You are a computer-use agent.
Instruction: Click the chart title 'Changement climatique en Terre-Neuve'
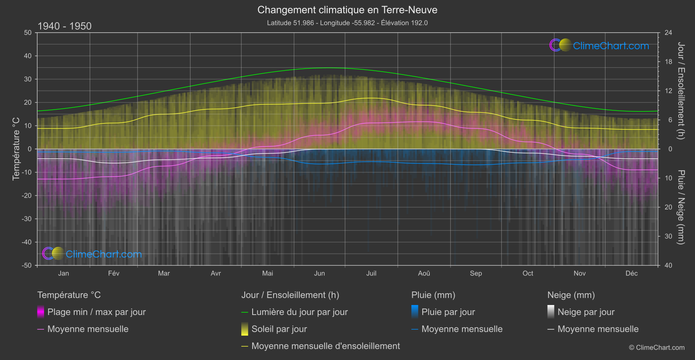(347, 10)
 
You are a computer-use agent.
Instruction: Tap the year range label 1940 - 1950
(65, 26)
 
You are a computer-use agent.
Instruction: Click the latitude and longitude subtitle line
(347, 23)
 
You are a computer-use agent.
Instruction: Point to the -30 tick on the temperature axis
(27, 219)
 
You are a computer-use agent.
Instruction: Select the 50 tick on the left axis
(28, 33)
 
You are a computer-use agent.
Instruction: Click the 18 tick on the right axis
(668, 62)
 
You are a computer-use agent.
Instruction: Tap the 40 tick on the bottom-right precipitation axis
(668, 265)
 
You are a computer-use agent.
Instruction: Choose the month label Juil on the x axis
(371, 274)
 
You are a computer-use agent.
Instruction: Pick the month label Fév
(113, 274)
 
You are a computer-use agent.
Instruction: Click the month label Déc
(631, 274)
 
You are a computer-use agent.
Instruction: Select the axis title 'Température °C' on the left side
(16, 149)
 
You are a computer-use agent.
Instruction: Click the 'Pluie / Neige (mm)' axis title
(681, 207)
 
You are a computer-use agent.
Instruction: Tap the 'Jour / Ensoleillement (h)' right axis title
(681, 91)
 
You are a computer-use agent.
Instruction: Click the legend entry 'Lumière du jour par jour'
(299, 312)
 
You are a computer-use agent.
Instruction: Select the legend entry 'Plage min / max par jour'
(96, 312)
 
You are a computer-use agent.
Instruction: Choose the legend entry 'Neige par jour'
(586, 312)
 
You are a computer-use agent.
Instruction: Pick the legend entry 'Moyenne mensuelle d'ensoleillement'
(325, 346)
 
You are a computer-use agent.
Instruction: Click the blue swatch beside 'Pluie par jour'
(415, 312)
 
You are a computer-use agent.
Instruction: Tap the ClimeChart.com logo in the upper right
(599, 45)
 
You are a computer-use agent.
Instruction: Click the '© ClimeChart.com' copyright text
(657, 348)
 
